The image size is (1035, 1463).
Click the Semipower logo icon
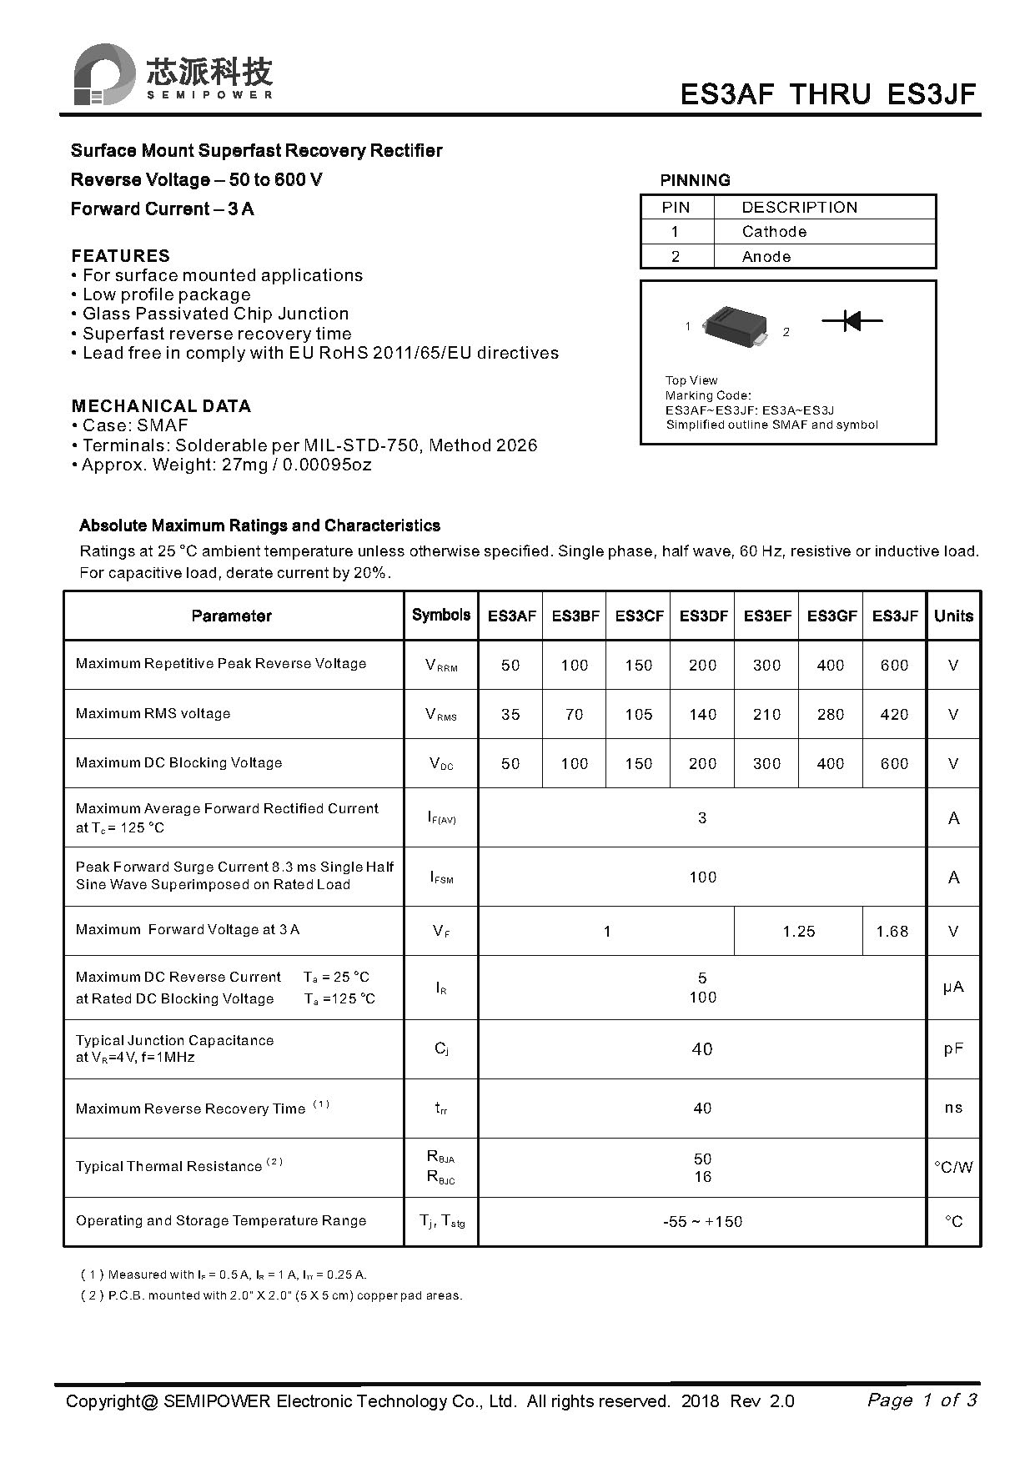(x=104, y=74)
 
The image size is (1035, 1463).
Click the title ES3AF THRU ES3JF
(x=827, y=94)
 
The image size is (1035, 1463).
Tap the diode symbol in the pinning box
(x=852, y=320)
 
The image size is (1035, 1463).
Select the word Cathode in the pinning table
(x=774, y=232)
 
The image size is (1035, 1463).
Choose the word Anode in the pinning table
(x=766, y=257)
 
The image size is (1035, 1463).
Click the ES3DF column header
(x=703, y=616)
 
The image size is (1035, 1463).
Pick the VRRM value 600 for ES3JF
(x=894, y=665)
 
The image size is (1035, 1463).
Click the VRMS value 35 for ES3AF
(x=510, y=714)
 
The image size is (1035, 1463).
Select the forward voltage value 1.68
(x=892, y=931)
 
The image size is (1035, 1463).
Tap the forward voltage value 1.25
(x=799, y=931)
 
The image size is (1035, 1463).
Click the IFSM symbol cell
(x=441, y=877)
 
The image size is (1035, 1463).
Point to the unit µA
(x=953, y=988)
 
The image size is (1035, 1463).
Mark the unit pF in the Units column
(x=953, y=1049)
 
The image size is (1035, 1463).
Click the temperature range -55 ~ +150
(x=702, y=1222)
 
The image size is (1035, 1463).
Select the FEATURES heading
(x=120, y=256)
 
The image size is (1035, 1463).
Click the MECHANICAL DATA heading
(x=161, y=406)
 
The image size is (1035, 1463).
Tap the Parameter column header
(x=231, y=616)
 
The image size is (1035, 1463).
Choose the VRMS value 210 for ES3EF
(x=766, y=714)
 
